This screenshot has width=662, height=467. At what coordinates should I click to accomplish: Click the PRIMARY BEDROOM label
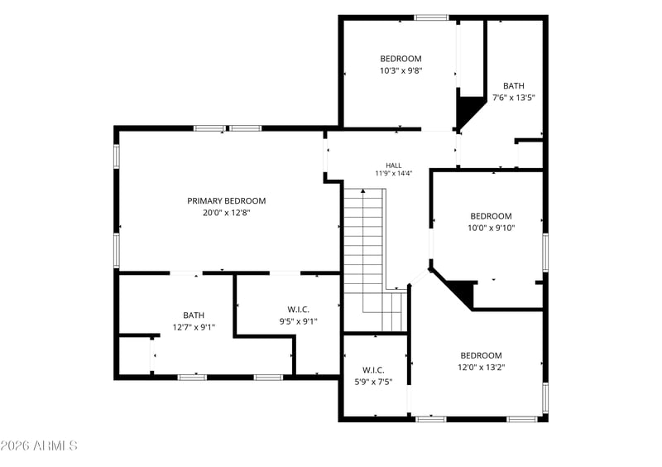226,200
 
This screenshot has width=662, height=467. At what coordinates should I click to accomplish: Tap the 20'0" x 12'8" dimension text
226,213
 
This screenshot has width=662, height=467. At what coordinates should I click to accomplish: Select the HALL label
394,166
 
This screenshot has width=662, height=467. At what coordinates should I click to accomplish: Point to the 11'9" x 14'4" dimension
394,173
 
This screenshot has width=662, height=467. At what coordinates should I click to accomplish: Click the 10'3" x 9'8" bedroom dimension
401,70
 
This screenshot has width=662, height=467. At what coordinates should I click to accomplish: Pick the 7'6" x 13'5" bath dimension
514,98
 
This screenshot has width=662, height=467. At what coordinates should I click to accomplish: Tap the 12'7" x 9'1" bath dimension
194,327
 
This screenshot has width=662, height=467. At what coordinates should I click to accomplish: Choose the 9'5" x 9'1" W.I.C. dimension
298,321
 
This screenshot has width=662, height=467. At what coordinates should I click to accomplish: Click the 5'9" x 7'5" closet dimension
373,382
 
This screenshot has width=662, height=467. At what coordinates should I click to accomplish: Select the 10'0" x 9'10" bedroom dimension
491,229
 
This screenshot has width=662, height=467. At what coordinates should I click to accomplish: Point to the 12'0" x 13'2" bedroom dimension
482,368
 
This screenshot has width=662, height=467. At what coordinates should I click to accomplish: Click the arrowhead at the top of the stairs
363,191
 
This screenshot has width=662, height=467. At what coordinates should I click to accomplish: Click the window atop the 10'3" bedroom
430,17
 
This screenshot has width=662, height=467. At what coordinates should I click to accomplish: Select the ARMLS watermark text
39,445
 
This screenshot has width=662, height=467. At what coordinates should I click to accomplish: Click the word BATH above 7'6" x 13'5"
514,86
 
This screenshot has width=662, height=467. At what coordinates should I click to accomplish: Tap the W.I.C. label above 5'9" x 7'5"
373,370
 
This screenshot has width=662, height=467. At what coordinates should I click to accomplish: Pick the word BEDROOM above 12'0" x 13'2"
482,355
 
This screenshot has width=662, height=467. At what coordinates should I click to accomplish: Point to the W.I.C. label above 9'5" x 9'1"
298,310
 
